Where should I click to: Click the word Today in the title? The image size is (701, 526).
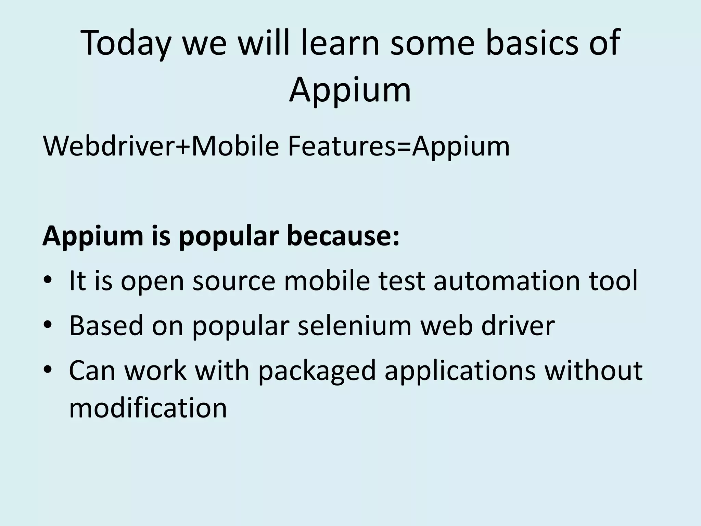[x=125, y=43]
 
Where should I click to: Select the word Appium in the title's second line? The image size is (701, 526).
[x=350, y=90]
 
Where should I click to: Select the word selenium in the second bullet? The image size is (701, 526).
[x=354, y=325]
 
